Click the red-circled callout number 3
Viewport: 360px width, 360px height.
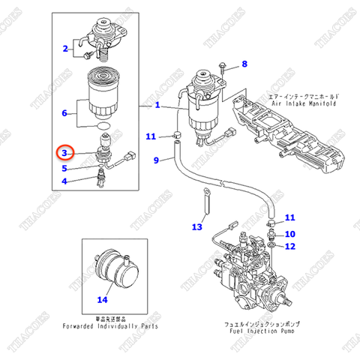click(65, 152)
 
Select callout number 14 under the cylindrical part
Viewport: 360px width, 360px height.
click(103, 299)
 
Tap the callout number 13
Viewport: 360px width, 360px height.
click(197, 226)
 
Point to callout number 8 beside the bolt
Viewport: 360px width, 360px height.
click(244, 64)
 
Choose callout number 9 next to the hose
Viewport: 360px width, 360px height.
click(157, 160)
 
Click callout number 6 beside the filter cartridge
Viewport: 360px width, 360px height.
click(65, 114)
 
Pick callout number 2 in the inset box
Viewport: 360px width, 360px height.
click(65, 49)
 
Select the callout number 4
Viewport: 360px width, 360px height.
click(64, 181)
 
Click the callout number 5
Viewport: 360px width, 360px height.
click(64, 168)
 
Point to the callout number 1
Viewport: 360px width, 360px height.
click(157, 106)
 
